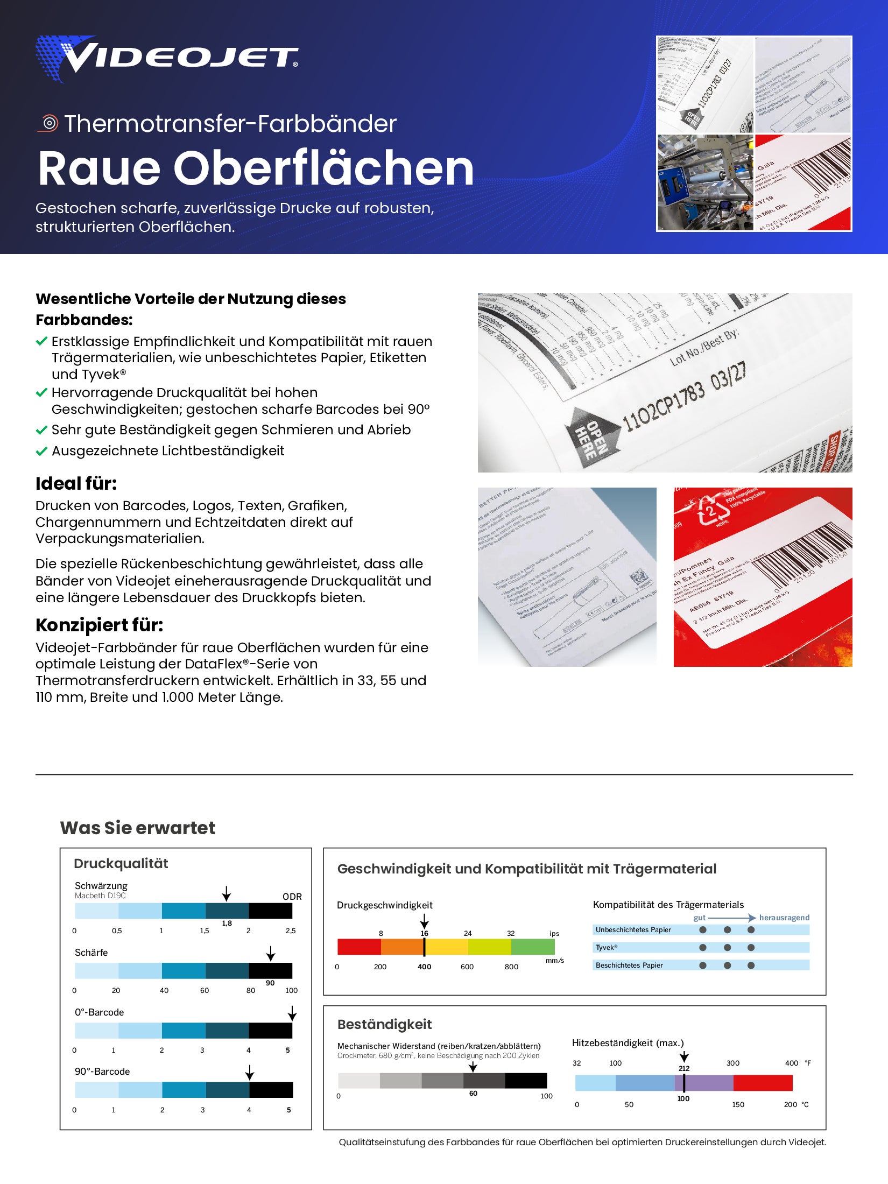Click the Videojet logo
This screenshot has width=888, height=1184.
tap(167, 58)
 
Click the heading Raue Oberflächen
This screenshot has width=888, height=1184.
tap(256, 168)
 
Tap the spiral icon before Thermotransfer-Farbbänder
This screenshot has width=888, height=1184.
tap(49, 123)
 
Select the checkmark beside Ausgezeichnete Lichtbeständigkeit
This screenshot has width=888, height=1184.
tap(41, 451)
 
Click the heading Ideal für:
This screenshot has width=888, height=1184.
tap(76, 483)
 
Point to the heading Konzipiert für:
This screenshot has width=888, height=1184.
tap(99, 625)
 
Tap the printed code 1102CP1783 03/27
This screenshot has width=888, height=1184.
tap(684, 398)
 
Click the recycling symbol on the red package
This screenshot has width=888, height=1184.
tap(712, 510)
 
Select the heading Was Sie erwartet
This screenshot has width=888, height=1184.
tap(138, 828)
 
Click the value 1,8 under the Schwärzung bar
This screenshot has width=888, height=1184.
tap(227, 923)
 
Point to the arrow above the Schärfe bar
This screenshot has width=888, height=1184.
tap(271, 953)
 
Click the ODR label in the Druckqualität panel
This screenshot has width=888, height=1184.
tap(292, 897)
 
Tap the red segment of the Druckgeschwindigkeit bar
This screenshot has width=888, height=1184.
tap(359, 947)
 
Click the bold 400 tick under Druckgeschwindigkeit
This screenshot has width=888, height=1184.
tap(424, 967)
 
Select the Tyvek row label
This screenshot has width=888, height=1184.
tap(607, 947)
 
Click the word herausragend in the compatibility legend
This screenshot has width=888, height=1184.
tap(784, 918)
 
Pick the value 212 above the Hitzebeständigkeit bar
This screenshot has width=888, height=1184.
tap(683, 1068)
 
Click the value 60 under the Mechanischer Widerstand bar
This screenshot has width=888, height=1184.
tap(473, 1093)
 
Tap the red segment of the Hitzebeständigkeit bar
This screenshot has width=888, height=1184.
tap(763, 1082)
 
